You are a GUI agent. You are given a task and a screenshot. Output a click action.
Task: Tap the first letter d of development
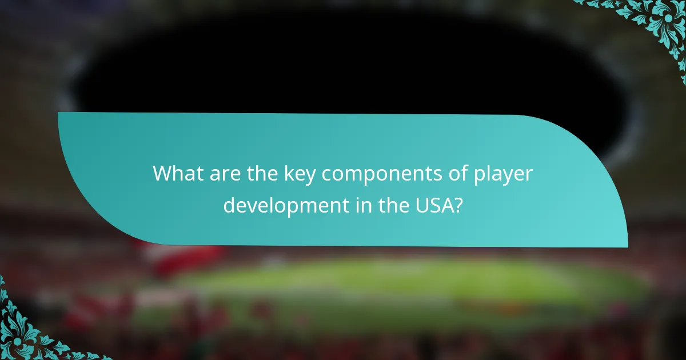(229, 205)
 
